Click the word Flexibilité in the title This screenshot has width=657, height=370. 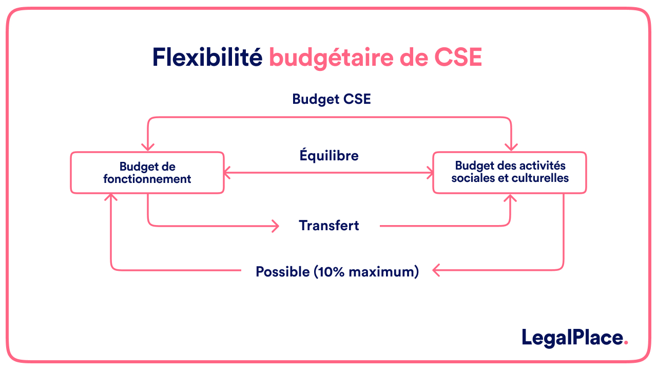coord(207,58)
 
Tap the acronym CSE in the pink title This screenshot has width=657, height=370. coord(458,58)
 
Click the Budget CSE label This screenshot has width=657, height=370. coord(331,99)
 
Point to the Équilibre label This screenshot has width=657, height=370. coord(329,155)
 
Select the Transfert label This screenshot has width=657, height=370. coord(329,225)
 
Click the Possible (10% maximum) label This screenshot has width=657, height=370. coord(337,271)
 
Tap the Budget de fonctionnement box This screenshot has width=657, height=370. coord(147,173)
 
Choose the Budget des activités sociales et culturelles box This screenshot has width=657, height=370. coord(510,172)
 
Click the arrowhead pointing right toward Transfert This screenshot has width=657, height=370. coord(276,225)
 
